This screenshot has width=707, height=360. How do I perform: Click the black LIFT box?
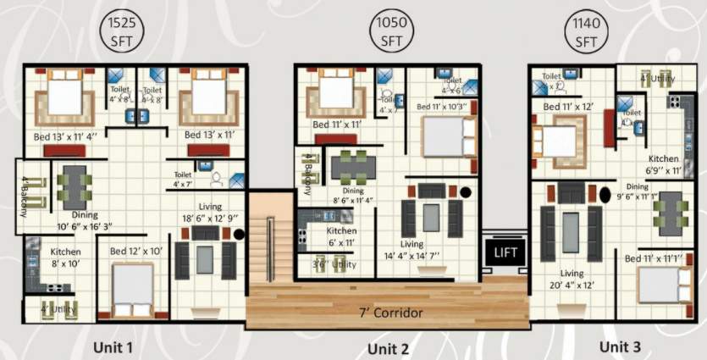click(505, 252)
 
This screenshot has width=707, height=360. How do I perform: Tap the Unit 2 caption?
click(389, 349)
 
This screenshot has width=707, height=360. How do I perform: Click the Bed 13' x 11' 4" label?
click(66, 136)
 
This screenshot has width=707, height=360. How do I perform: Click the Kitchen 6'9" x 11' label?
click(664, 164)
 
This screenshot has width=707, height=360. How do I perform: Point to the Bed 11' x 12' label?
click(568, 108)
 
